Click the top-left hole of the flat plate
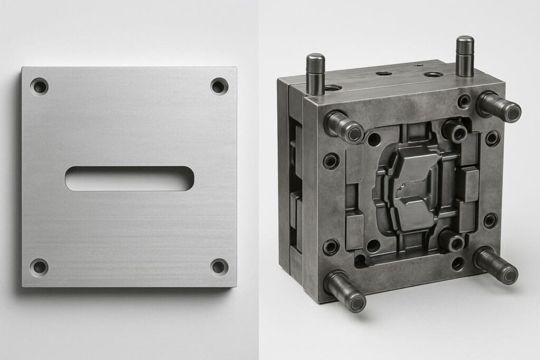click(39, 86)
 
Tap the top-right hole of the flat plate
click(219, 86)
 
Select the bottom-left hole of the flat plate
click(39, 267)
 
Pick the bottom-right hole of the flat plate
click(219, 267)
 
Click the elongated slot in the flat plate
click(129, 179)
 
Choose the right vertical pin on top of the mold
click(465, 55)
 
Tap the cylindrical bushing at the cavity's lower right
click(452, 241)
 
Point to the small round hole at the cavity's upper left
click(374, 140)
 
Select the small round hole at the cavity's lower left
click(373, 246)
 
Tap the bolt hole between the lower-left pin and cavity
click(331, 247)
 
